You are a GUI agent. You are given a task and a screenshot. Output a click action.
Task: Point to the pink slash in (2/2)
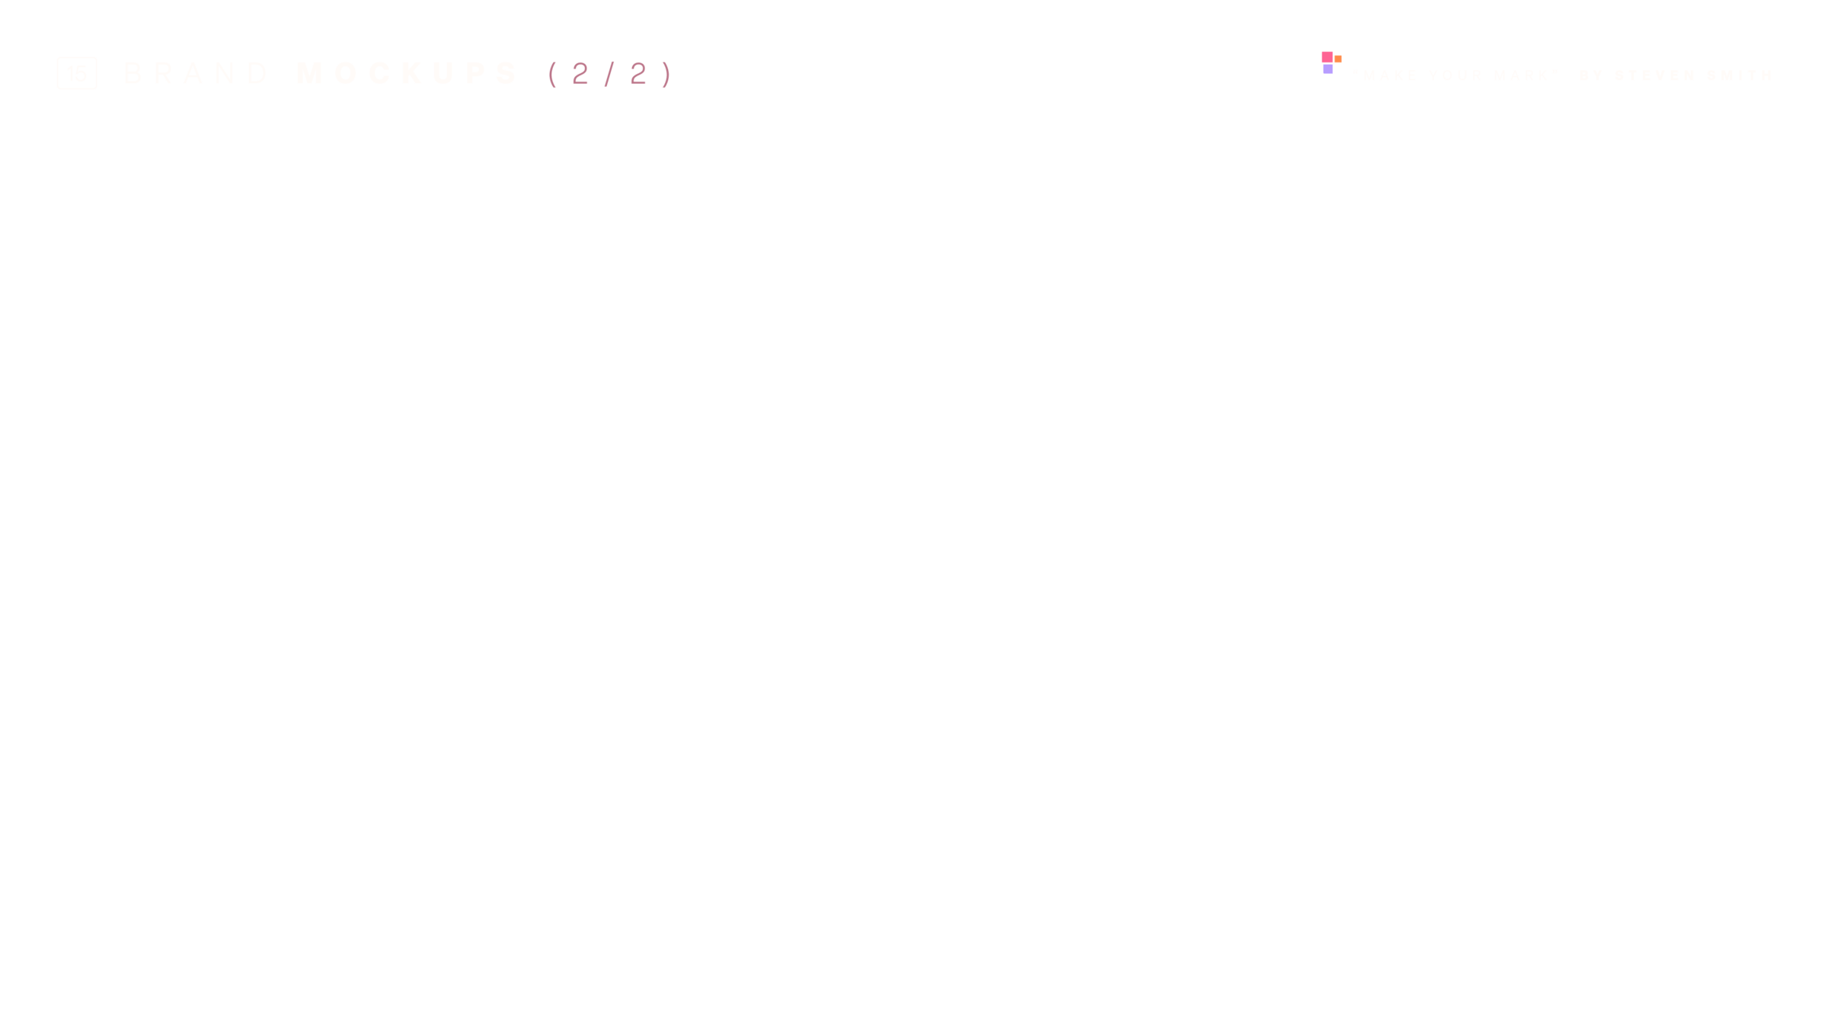(609, 74)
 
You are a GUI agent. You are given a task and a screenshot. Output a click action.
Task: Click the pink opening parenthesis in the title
(552, 74)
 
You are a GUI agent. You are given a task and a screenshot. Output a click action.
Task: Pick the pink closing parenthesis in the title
(667, 74)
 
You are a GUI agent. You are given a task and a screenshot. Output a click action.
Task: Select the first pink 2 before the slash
(580, 74)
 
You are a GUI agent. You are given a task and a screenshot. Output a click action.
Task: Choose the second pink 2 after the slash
(638, 74)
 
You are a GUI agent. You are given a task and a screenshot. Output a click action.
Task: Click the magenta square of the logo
(1327, 57)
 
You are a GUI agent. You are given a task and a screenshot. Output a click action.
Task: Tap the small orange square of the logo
(1337, 59)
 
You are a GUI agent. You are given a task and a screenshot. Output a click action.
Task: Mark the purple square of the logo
(1328, 69)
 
